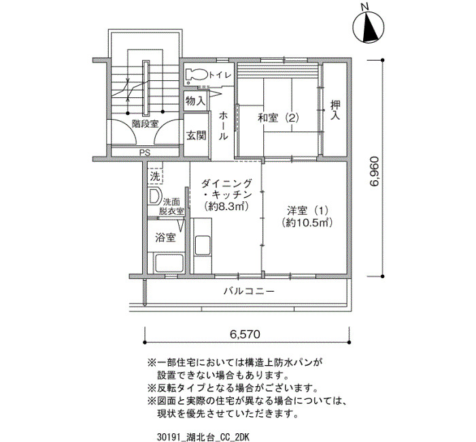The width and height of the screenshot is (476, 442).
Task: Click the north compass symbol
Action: point(369,26)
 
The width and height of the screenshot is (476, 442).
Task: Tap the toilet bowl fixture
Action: point(196,75)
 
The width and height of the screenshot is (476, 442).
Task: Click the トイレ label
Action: point(220,75)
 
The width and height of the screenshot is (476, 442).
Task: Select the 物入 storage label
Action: point(195,101)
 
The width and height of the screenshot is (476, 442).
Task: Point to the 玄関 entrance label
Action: point(196,135)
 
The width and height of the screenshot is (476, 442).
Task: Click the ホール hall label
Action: point(223,126)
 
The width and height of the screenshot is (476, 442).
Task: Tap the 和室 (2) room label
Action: point(278,118)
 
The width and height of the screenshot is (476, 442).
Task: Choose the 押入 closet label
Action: point(335,110)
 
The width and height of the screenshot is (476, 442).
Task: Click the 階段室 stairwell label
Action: point(145,124)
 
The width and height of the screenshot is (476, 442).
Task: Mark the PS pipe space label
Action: point(145,153)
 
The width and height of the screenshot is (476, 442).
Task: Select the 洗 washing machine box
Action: point(155,176)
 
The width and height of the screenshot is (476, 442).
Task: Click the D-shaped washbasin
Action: point(154,197)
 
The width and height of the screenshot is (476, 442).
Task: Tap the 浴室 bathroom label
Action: point(165,237)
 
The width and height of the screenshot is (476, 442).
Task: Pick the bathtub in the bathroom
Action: point(169,263)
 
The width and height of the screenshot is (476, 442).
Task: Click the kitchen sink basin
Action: point(203,245)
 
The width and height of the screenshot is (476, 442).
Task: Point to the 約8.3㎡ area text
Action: point(226,207)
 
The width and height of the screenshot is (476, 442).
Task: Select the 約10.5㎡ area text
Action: point(307,222)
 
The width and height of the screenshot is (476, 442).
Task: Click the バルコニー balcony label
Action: point(249,292)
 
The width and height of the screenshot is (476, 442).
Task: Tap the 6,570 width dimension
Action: point(245,335)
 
